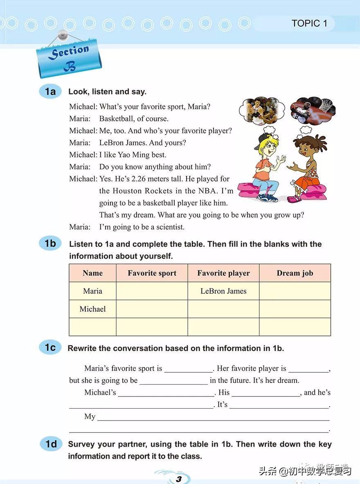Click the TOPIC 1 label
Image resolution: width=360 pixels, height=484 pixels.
[309, 23]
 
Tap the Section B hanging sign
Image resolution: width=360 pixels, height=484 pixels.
[69, 58]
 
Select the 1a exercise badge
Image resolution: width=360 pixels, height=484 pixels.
[50, 91]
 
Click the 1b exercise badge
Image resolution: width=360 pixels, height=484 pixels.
[50, 243]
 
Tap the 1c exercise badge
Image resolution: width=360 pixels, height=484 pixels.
[50, 348]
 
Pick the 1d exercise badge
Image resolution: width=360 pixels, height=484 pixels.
[51, 444]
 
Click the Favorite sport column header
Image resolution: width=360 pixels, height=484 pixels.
[152, 273]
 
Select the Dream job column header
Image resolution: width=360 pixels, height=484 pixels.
[295, 273]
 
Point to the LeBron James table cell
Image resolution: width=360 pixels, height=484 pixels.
[223, 291]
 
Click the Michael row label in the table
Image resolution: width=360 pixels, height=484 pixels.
[92, 309]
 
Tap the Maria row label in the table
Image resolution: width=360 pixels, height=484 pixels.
[92, 291]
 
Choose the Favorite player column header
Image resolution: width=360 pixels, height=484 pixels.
[223, 273]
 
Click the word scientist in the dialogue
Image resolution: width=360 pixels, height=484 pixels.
[169, 227]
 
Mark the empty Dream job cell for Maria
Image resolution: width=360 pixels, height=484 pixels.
[295, 291]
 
